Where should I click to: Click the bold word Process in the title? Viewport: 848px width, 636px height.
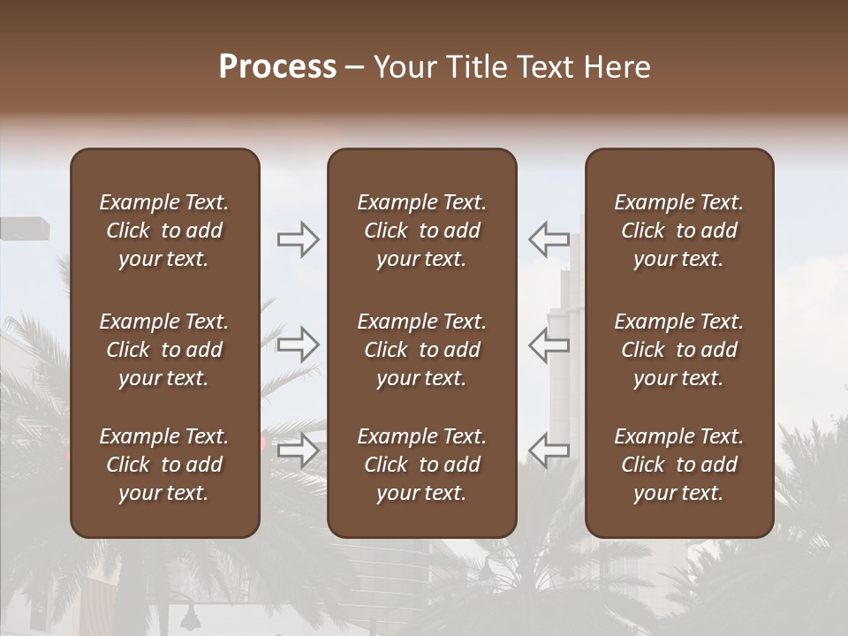pos(277,67)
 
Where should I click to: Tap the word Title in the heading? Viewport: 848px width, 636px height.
pos(476,67)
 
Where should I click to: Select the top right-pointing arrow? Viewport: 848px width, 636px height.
pos(299,239)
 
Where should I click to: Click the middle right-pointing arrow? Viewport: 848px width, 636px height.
pos(299,344)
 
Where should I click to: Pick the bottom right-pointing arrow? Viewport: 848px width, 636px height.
pos(299,450)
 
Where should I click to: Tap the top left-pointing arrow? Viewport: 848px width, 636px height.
pos(549,239)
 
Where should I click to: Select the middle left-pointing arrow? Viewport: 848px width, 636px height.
pos(549,344)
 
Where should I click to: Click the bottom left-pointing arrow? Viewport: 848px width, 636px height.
pos(549,450)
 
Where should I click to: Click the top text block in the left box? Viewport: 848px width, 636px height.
pos(164,231)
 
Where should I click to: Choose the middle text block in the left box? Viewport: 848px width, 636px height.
pos(164,350)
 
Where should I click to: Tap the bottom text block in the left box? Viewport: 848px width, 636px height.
pos(164,465)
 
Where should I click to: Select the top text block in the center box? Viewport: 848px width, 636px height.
pos(421,231)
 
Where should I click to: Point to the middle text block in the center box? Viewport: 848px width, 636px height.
pos(421,350)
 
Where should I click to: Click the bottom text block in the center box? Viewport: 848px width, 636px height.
pos(421,465)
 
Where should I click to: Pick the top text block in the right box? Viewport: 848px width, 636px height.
pos(678,231)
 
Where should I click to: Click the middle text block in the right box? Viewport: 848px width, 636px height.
pos(678,350)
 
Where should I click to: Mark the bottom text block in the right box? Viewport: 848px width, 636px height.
pos(678,465)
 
